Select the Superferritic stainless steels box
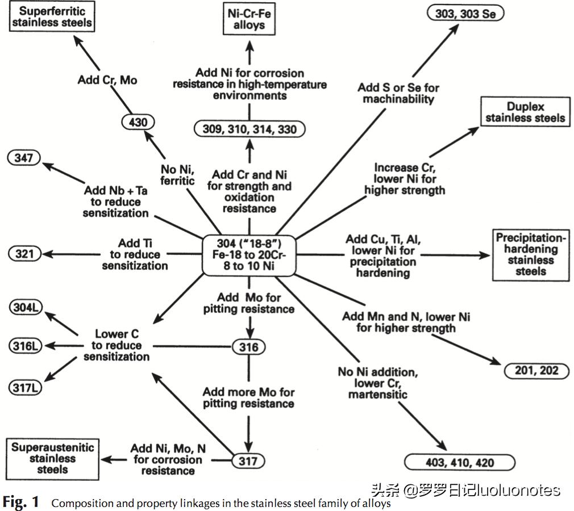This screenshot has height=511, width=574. pos(50,16)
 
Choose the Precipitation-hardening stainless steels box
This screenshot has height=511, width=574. pos(531,254)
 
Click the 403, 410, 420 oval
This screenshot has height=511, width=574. pos(459,463)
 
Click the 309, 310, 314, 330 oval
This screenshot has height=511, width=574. pos(249,129)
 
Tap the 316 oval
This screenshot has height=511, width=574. pos(248,346)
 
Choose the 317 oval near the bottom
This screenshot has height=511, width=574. pos(248,460)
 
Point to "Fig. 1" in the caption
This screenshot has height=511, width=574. pos(21,502)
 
